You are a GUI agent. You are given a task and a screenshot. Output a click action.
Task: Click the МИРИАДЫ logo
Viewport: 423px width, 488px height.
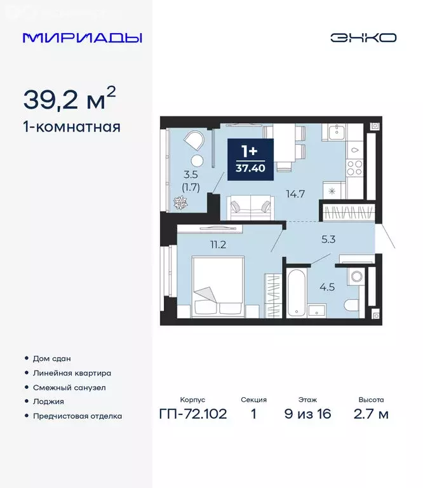(83, 37)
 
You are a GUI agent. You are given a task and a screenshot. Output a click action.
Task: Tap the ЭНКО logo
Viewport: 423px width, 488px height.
(363, 37)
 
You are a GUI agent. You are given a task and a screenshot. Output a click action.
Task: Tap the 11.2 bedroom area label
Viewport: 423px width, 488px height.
(218, 242)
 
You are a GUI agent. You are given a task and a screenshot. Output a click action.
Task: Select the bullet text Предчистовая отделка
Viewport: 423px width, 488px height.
(77, 416)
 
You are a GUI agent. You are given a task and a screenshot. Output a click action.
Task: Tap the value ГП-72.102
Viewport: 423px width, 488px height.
(193, 415)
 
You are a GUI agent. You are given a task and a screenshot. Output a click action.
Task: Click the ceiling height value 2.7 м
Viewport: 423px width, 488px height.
(372, 415)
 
